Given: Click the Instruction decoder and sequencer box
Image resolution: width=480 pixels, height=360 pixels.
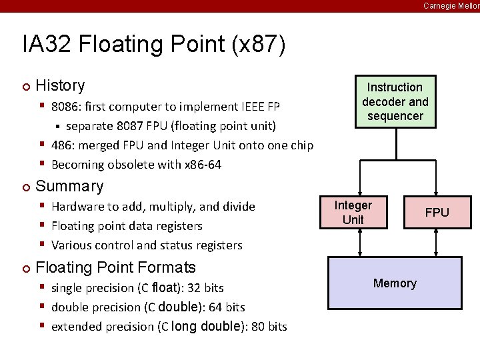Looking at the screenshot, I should pyautogui.click(x=395, y=101).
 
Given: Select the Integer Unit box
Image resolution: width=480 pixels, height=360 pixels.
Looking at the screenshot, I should pyautogui.click(x=353, y=213).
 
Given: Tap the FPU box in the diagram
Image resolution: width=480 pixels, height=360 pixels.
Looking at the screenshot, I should pyautogui.click(x=437, y=213).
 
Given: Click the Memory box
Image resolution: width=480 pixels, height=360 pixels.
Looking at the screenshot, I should pyautogui.click(x=395, y=283).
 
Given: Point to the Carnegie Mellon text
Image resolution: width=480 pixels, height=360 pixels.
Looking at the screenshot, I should pyautogui.click(x=451, y=5).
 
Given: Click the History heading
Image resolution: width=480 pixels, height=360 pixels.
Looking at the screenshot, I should pyautogui.click(x=60, y=85).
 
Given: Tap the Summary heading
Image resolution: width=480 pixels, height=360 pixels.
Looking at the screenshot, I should pyautogui.click(x=69, y=186).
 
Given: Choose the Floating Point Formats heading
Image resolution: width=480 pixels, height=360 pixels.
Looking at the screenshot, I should pyautogui.click(x=115, y=267).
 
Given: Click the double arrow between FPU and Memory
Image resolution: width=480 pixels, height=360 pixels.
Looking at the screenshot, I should pyautogui.click(x=437, y=243).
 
